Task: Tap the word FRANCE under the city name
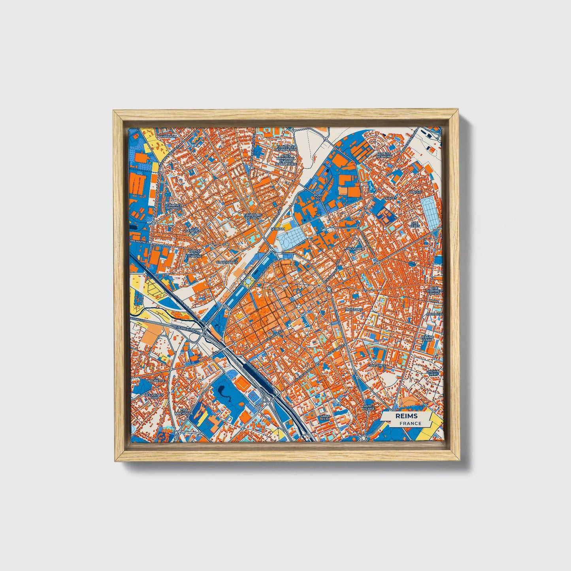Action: point(410,423)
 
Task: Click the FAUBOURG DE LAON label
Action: point(254,216)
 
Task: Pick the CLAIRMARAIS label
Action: point(227,262)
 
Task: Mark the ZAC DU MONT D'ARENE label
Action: point(194,253)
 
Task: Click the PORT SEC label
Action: point(318,197)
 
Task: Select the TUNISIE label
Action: point(416,192)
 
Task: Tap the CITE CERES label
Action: point(415,224)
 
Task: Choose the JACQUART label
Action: point(354,249)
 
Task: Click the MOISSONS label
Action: point(353,310)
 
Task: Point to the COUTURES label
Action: point(376,366)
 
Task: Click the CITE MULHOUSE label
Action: point(185,412)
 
